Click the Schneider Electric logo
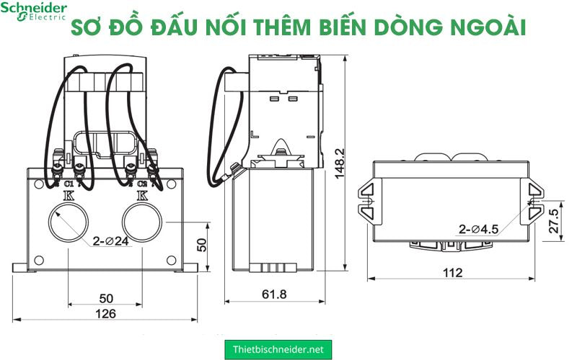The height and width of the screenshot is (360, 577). click(33, 11)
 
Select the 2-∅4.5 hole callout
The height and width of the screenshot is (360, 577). click(479, 230)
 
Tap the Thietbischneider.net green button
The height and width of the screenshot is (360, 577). click(278, 349)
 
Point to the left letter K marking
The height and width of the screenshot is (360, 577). click(69, 194)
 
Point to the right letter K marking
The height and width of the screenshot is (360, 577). click(141, 194)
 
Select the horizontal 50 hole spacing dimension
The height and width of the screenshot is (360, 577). click(106, 298)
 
